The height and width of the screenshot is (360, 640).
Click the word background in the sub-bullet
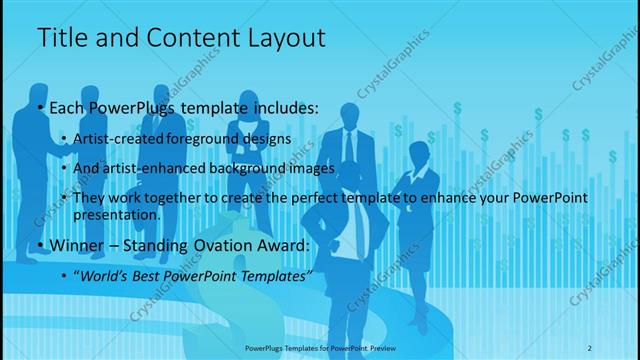click(249, 169)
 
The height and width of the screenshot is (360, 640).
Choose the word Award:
click(282, 246)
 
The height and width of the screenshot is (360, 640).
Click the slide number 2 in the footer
click(590, 347)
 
